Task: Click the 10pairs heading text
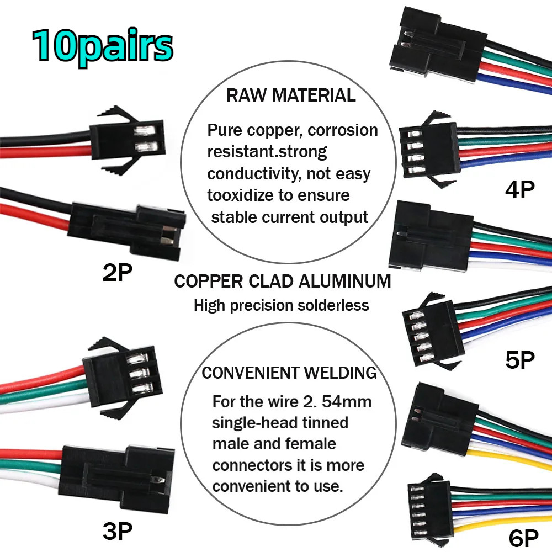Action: pos(103,46)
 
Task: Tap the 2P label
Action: pos(118,273)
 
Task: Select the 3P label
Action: pos(118,532)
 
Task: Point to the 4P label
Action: pos(519,189)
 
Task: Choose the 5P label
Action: pos(519,360)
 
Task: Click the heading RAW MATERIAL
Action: pos(291,95)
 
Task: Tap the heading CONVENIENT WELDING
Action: pos(289,373)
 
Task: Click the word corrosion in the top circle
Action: pos(343,130)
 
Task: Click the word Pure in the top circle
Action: pos(225,130)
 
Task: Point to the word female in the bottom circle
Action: pos(311,444)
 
